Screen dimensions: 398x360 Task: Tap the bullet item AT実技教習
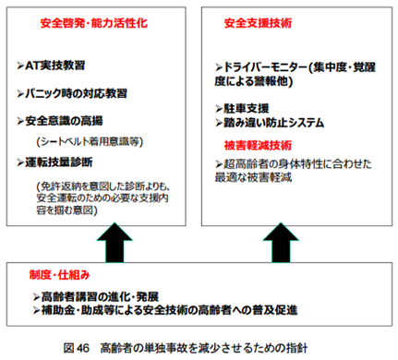pyautogui.click(x=56, y=67)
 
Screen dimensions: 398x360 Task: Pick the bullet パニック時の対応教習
pyautogui.click(x=77, y=94)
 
